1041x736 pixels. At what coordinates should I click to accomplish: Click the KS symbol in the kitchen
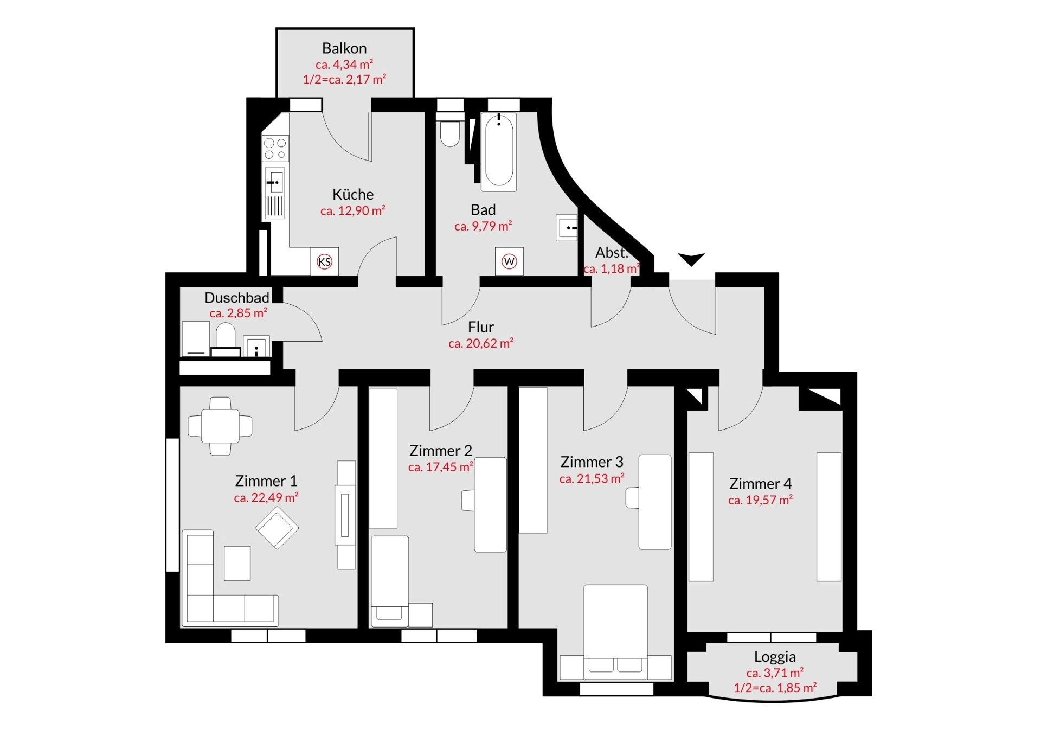click(324, 262)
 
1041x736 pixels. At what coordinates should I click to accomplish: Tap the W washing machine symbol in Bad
click(509, 261)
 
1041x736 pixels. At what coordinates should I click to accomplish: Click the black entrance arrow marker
click(691, 259)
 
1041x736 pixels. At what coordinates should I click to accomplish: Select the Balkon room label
click(344, 48)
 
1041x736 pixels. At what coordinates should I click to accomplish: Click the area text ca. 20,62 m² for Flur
click(480, 343)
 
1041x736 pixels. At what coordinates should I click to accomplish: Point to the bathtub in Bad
click(499, 152)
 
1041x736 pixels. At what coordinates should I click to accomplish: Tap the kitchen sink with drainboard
click(275, 193)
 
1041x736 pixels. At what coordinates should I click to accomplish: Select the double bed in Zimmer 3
click(615, 632)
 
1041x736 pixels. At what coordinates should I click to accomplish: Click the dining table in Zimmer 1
click(220, 426)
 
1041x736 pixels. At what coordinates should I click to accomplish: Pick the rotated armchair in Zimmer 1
click(277, 527)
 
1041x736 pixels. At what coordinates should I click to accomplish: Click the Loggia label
click(775, 657)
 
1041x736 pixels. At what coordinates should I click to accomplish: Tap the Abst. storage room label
click(612, 253)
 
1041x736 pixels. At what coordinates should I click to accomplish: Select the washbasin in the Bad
click(567, 228)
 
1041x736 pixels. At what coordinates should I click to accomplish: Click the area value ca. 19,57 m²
click(760, 500)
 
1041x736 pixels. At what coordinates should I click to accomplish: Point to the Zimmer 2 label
click(440, 451)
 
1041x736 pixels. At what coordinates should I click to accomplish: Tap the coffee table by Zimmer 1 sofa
click(237, 563)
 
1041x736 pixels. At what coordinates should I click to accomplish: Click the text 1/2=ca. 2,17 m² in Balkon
click(344, 80)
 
